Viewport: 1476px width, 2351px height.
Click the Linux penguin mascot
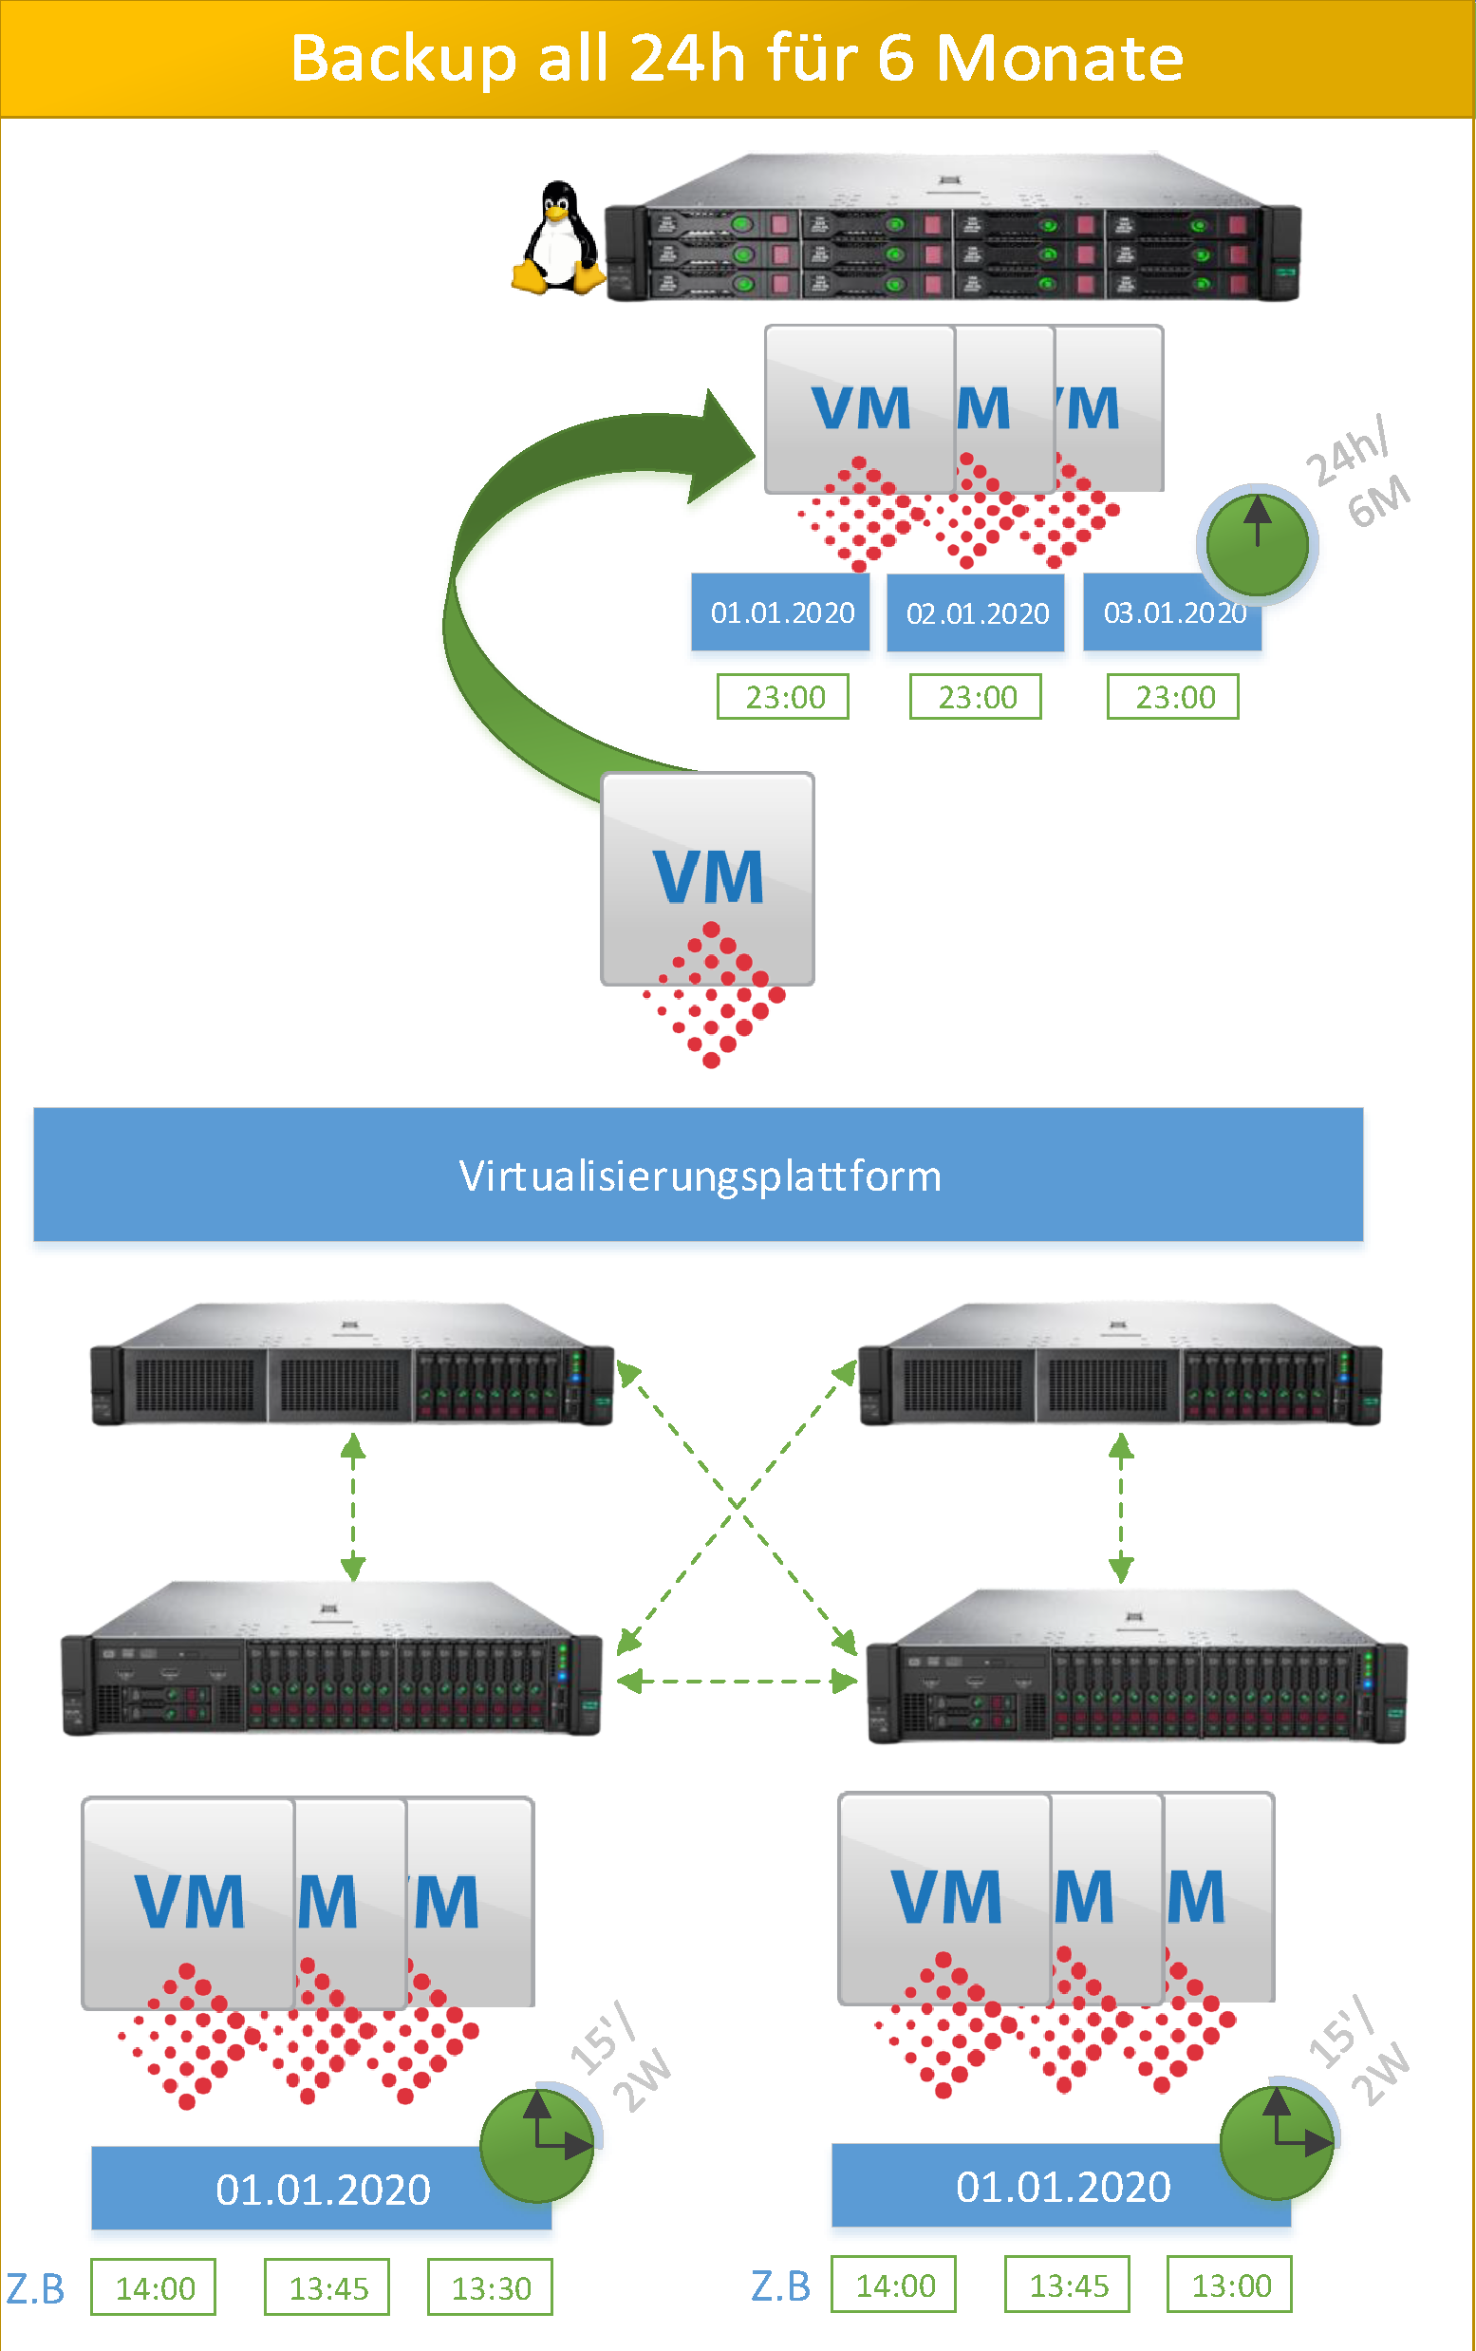coord(558,238)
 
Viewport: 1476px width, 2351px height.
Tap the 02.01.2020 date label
coord(975,613)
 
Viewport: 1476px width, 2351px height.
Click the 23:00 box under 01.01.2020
coord(783,697)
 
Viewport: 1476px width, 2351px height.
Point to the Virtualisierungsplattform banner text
coord(699,1175)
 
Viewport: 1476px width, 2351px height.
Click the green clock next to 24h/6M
coord(1257,542)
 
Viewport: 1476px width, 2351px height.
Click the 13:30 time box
coord(490,2287)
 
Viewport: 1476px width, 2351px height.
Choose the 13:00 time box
coord(1230,2285)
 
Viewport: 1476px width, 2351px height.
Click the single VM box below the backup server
coord(708,878)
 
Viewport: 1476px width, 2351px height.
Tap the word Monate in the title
coord(1059,59)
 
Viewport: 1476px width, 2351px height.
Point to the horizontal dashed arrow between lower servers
coord(736,1682)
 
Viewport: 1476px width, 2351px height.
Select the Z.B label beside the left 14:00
coord(36,2288)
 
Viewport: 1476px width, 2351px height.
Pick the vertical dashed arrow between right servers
coord(1121,1508)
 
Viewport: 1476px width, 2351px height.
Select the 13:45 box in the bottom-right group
coord(1068,2285)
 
